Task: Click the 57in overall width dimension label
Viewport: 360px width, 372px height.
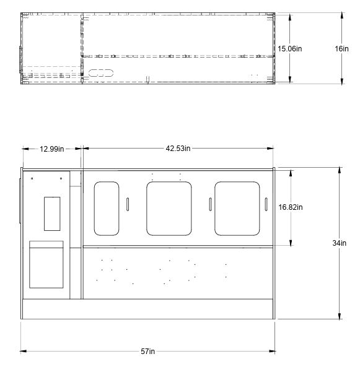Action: tap(147, 352)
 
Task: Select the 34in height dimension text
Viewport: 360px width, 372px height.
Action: tap(338, 243)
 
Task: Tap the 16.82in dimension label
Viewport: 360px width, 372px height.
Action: tap(290, 207)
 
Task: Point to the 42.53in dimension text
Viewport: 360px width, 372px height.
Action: tap(177, 148)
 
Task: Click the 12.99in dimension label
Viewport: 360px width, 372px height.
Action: tap(53, 148)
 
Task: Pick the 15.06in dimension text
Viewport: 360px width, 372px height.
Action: tap(289, 47)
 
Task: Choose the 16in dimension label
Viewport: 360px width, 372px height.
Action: tap(341, 47)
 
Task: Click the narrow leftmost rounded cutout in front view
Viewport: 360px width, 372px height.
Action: tap(106, 208)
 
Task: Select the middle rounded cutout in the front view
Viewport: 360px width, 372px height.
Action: tap(169, 208)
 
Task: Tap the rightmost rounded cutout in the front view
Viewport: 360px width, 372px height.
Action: tap(237, 208)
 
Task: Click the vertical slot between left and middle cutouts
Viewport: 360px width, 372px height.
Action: tap(127, 204)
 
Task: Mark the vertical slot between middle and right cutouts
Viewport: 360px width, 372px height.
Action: tap(210, 204)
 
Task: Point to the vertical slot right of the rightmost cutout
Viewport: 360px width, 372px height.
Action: tap(265, 204)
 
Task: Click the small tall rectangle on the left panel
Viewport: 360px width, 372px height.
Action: tap(52, 214)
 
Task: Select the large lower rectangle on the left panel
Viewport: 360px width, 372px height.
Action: tap(46, 264)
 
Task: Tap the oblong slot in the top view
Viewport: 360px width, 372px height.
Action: tap(100, 73)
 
